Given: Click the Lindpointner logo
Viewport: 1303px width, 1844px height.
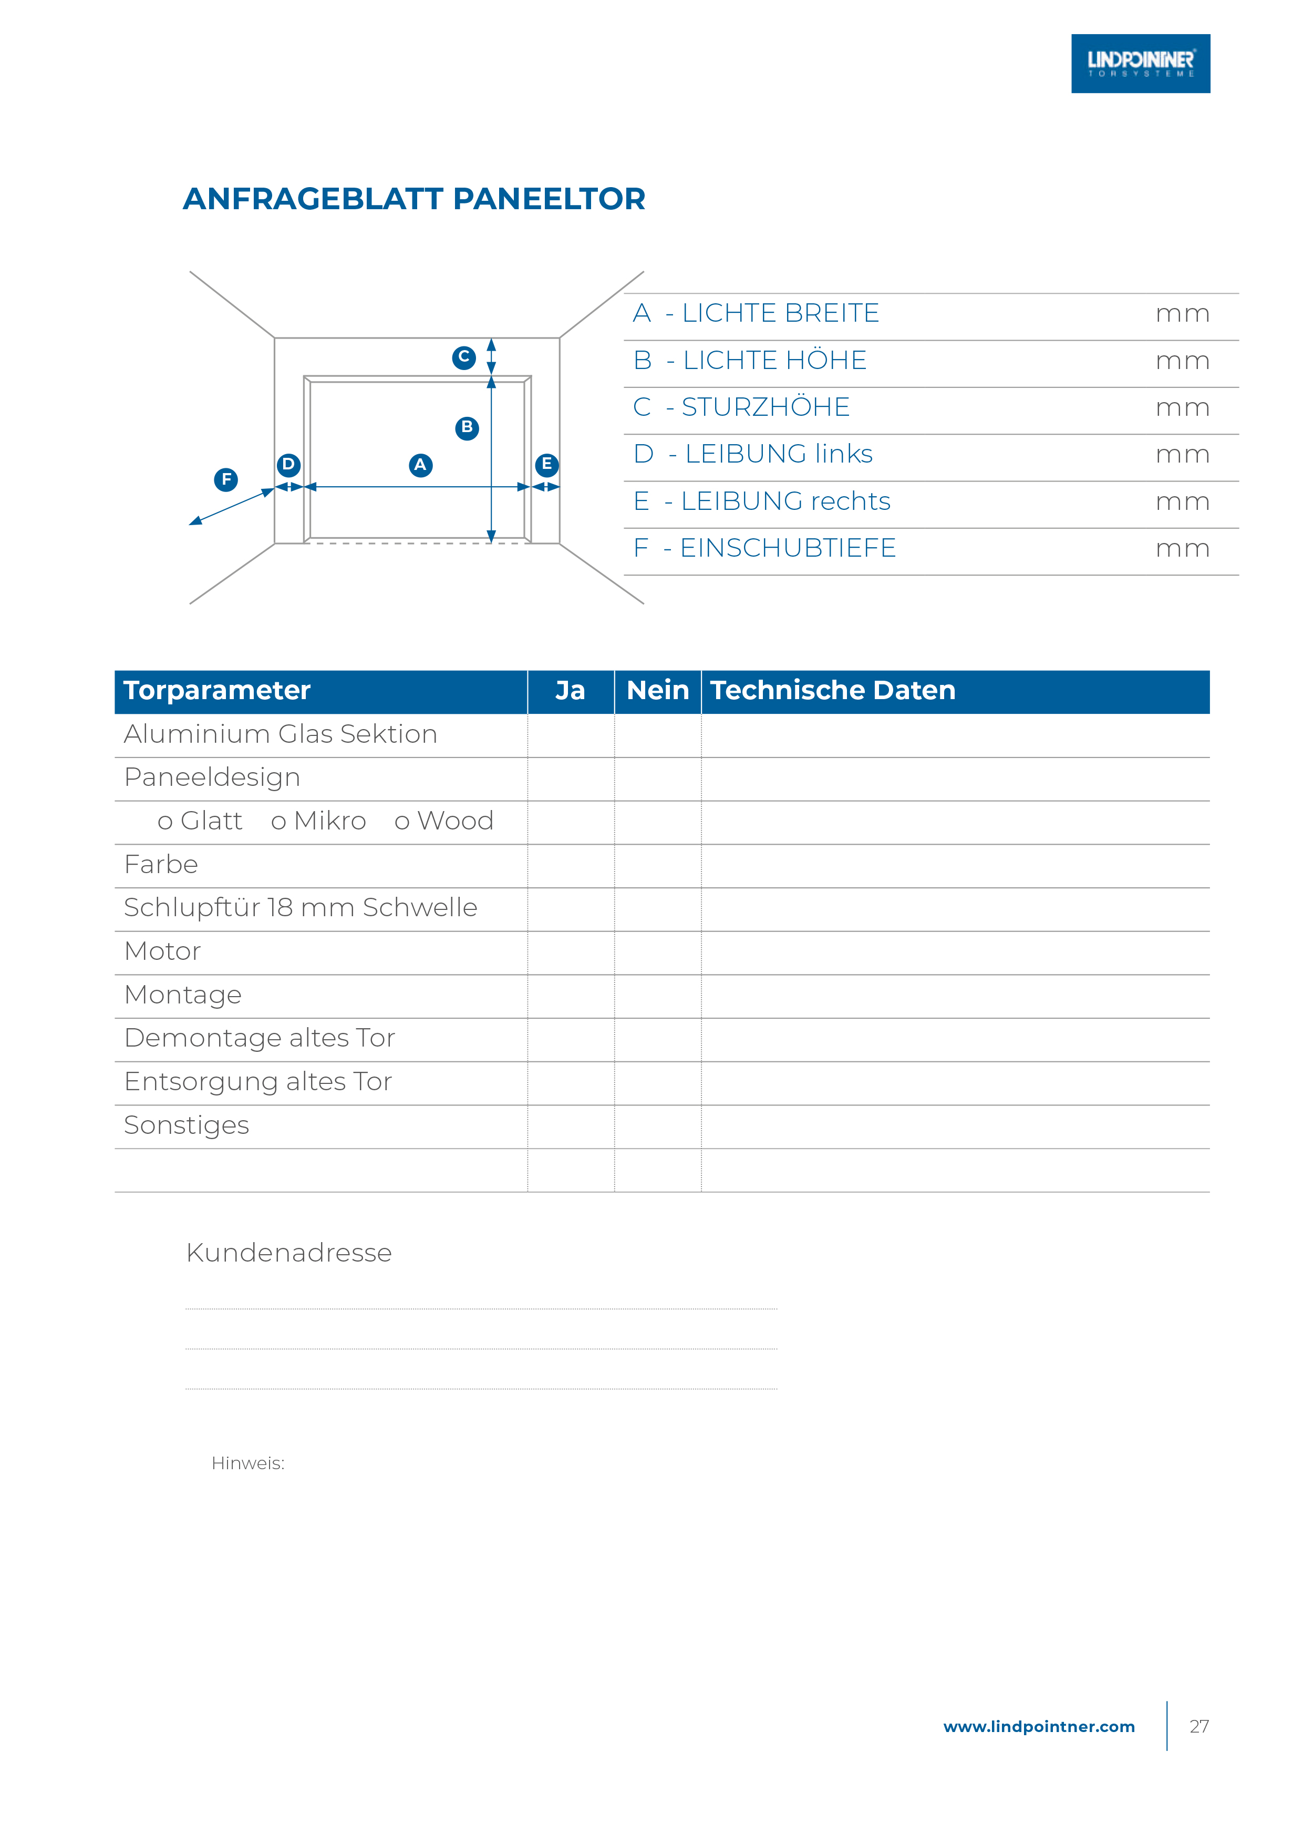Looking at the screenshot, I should pos(1140,64).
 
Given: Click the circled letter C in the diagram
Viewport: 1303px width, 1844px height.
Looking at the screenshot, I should pos(463,357).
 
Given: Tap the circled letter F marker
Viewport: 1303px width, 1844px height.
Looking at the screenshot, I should pos(225,479).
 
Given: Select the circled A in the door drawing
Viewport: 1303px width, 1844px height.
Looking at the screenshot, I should pos(420,465).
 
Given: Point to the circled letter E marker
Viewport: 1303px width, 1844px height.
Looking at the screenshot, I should pos(547,464).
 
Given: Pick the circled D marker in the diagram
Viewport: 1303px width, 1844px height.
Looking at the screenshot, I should pos(288,464).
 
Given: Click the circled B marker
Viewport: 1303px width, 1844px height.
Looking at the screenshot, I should pos(467,427).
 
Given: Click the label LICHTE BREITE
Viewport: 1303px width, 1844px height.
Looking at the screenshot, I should pos(780,313).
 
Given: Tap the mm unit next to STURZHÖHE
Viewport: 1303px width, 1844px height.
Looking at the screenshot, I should pos(1182,408).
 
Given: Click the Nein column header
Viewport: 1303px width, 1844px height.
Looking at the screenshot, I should pos(657,691).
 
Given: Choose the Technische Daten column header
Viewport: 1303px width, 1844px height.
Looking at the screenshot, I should pos(833,691).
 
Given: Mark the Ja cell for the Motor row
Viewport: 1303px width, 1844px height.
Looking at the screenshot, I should pos(571,952).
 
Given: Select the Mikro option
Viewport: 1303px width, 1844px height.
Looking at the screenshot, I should pos(319,822).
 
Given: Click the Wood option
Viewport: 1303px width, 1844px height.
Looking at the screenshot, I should pos(444,822).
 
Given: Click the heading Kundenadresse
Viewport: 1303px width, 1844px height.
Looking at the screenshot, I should pos(289,1253).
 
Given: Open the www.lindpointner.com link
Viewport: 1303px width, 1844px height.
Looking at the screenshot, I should pos(1038,1727).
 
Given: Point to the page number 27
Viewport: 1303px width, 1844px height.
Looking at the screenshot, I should pos(1198,1727).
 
